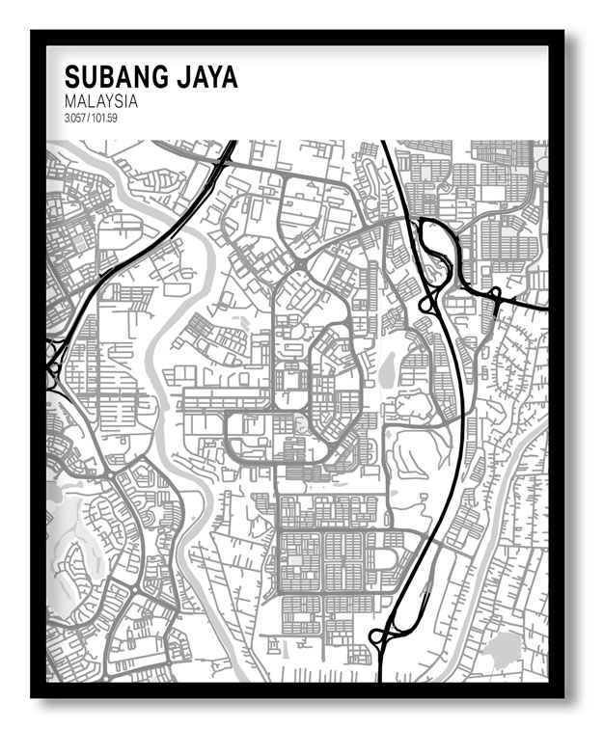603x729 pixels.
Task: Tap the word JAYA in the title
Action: [x=200, y=78]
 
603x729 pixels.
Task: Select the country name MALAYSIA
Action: [x=100, y=100]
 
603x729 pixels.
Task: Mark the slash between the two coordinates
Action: [x=90, y=118]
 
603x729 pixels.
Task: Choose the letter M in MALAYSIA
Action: [x=69, y=100]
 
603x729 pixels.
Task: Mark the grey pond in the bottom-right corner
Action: [x=501, y=650]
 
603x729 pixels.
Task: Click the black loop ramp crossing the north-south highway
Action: [x=426, y=305]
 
